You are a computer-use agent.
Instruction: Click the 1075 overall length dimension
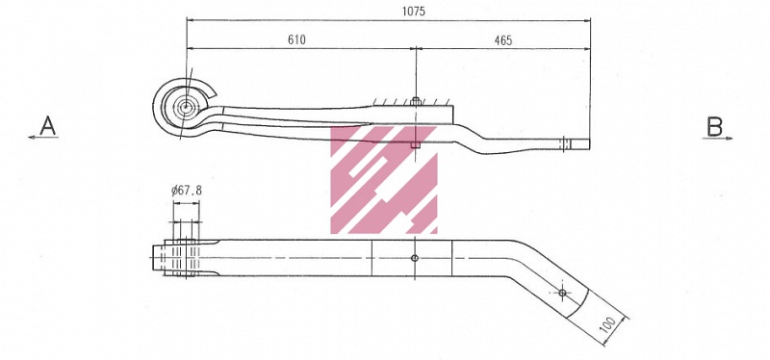[x=414, y=12]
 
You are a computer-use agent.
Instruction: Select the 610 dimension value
[x=296, y=39]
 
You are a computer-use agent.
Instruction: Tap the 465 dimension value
[x=502, y=40]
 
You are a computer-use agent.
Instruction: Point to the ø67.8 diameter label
[x=187, y=190]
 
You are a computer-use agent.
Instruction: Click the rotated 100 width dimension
[x=607, y=324]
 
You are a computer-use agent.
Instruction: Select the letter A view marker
[x=47, y=126]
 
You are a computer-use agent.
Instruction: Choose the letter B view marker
[x=714, y=127]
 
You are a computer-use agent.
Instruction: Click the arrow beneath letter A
[x=43, y=138]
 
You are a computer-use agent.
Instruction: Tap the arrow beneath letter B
[x=717, y=139]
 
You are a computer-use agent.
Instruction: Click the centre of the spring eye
[x=187, y=107]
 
